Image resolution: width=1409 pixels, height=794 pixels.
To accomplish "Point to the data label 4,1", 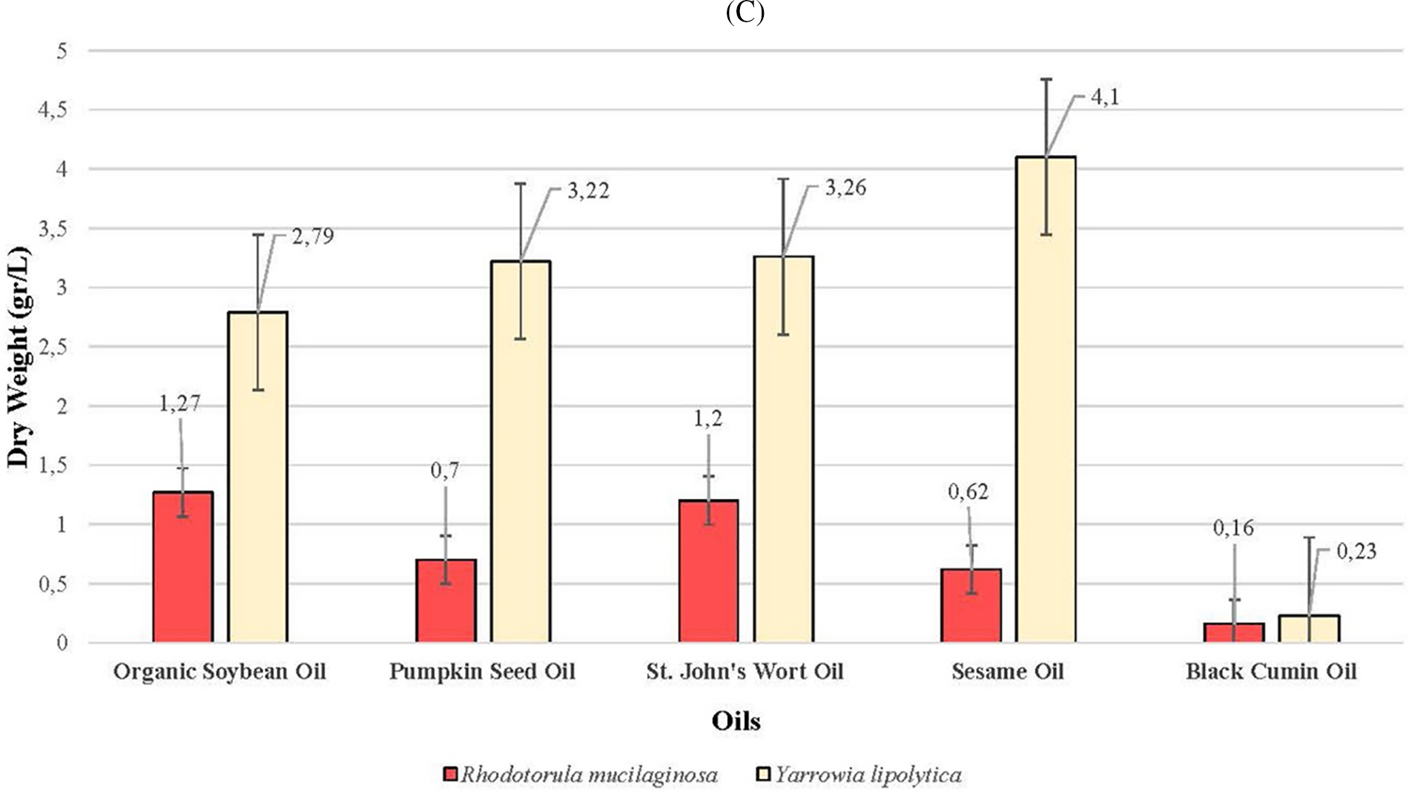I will (x=1105, y=97).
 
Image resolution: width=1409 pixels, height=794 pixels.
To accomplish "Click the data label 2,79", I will (x=313, y=236).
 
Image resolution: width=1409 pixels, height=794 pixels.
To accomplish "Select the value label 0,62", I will (x=968, y=492).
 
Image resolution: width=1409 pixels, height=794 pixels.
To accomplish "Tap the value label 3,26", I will (x=845, y=188).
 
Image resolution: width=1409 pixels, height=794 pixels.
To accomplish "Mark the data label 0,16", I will (x=1233, y=528).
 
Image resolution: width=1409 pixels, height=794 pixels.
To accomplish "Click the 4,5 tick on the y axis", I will (x=53, y=110).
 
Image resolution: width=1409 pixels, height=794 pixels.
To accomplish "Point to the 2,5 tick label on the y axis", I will (x=53, y=347).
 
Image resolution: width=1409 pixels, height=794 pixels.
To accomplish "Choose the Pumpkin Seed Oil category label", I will (x=482, y=672).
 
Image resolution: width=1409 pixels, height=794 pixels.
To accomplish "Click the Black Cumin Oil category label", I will (x=1271, y=672).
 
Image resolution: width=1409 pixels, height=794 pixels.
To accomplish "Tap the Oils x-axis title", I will (x=736, y=721).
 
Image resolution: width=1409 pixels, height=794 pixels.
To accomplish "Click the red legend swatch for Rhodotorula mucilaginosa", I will (x=450, y=775).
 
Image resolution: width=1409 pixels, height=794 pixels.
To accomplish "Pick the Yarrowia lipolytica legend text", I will (x=868, y=775).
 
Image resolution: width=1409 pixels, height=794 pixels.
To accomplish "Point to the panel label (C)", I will (x=745, y=13).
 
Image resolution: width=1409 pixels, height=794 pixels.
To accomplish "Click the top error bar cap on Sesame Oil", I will (x=1046, y=79).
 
